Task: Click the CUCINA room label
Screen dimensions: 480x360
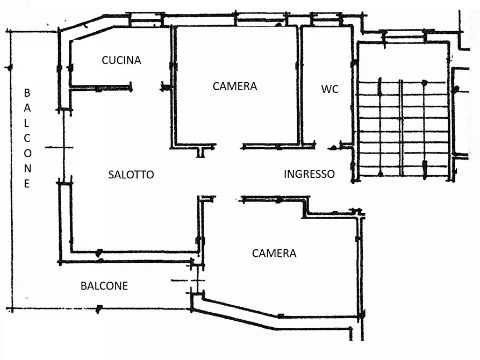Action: tap(121, 60)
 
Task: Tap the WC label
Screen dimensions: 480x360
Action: tap(329, 89)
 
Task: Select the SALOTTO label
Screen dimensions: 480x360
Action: tap(131, 175)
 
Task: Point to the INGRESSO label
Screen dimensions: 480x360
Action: tap(309, 174)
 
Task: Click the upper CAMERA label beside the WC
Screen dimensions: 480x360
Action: tap(235, 87)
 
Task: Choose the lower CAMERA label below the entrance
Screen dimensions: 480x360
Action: tap(274, 253)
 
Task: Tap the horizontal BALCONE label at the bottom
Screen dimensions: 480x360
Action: tap(104, 286)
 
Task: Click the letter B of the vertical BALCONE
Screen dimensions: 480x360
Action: tap(27, 93)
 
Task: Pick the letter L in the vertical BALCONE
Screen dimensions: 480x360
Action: tap(27, 123)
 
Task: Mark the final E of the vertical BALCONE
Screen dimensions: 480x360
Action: tap(27, 184)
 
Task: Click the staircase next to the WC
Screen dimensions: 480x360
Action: tap(403, 128)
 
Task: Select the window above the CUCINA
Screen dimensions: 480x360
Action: tap(146, 20)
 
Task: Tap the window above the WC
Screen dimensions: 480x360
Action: tap(326, 19)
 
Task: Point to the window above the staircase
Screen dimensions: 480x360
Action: tap(404, 37)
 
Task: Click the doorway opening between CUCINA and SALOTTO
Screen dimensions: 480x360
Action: tap(146, 88)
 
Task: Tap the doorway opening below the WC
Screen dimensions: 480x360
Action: tap(323, 146)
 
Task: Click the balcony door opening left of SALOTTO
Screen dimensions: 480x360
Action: tap(64, 146)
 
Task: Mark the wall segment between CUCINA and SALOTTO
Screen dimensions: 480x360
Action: tap(101, 88)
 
